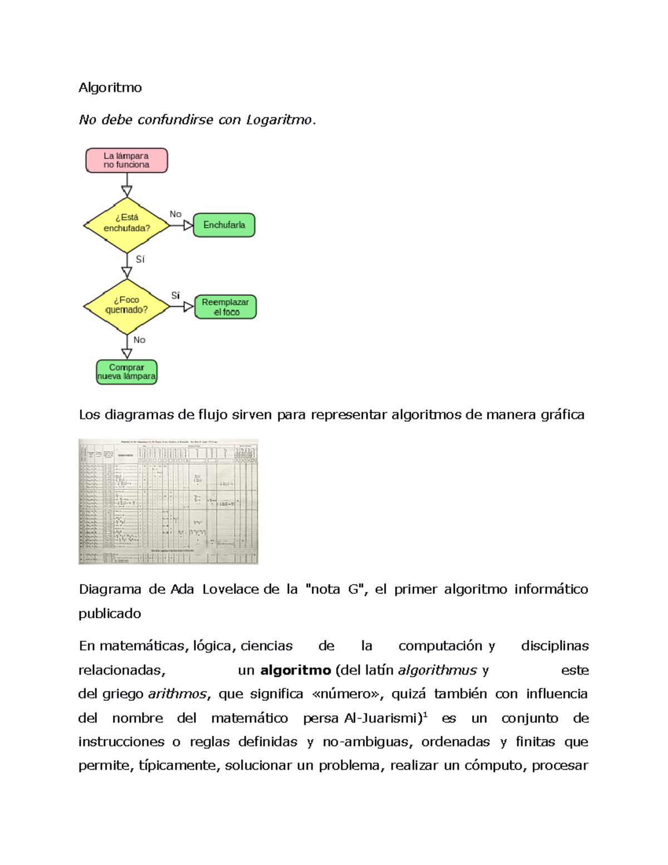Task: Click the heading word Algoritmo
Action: coord(110,87)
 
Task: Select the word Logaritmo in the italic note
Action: coord(279,120)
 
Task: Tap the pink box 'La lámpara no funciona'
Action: coord(126,160)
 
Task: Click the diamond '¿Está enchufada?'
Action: coord(127,225)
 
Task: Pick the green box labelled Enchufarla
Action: coord(224,225)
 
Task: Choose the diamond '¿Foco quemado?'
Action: coord(127,306)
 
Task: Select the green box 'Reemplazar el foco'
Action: coord(225,307)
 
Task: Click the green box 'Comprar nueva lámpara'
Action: coord(126,372)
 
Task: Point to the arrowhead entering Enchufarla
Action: coord(188,226)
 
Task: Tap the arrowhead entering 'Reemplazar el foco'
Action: coord(189,306)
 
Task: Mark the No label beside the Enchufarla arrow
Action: coord(175,214)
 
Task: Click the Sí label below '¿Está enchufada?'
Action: coord(140,259)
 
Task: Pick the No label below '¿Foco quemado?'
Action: coord(139,340)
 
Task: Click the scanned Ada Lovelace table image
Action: coord(168,501)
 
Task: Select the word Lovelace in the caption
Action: coord(230,589)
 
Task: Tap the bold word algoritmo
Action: coord(296,670)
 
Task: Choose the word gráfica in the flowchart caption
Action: coord(562,415)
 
